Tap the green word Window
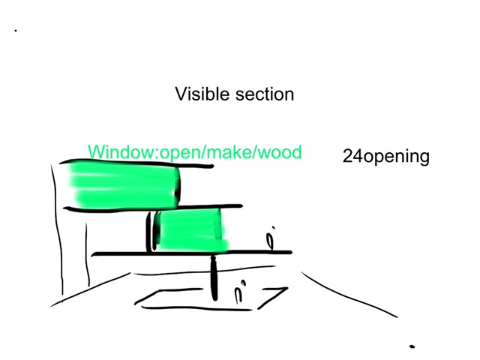pos(119,152)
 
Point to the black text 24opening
pos(385,157)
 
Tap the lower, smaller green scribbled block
pos(191,229)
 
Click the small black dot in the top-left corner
pos(15,31)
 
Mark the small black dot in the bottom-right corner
pos(412,346)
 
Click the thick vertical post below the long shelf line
pos(214,277)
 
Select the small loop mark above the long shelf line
pos(271,240)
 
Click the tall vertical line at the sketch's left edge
pos(54,225)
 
